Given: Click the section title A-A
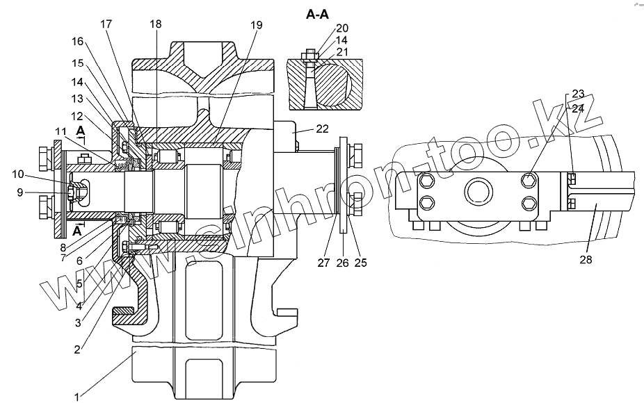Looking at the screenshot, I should point(316,14).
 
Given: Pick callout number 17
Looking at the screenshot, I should point(106,24).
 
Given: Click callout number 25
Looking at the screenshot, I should point(360,263).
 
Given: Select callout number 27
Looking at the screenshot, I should point(323,263).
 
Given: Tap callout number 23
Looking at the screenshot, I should point(579,94).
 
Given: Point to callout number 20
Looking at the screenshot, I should point(341,28).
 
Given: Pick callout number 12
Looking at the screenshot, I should point(76,115).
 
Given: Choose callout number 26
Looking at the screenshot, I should point(341,263).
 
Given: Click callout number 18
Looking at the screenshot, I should point(155,24).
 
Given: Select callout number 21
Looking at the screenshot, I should point(341,53).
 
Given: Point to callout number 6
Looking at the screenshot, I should point(79,261).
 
